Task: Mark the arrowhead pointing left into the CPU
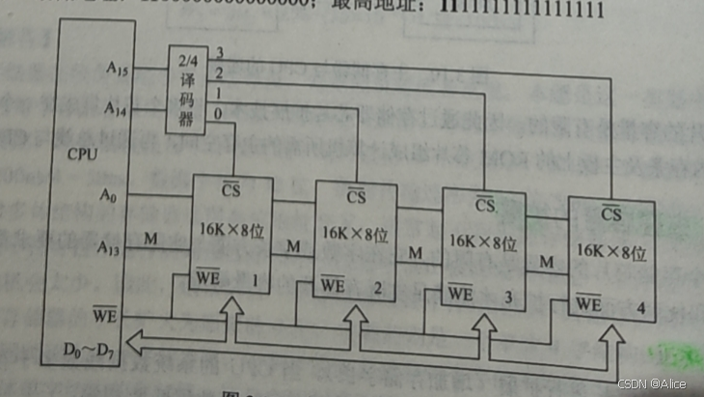[x=137, y=339]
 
